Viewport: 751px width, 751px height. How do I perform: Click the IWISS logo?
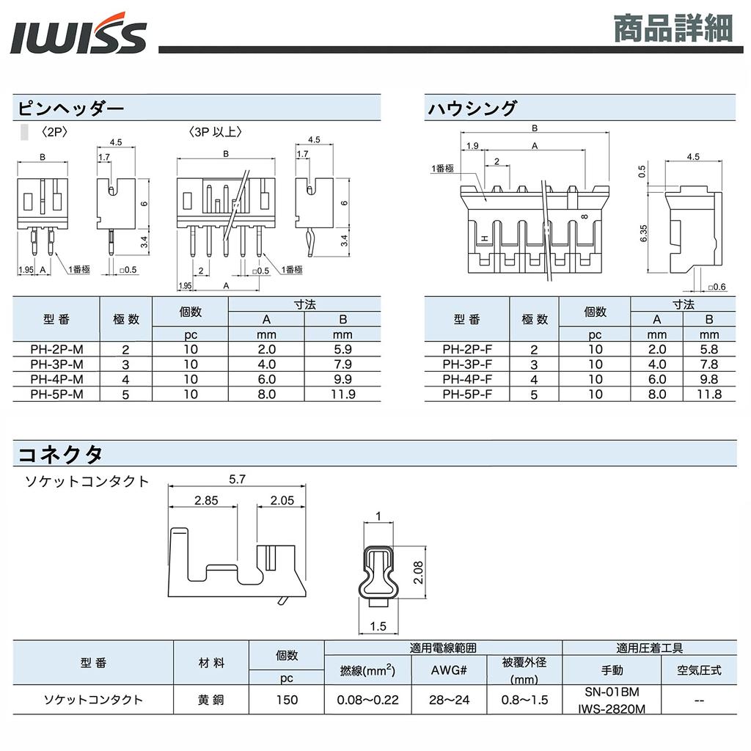click(x=78, y=36)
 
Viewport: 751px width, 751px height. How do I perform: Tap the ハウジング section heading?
click(x=472, y=109)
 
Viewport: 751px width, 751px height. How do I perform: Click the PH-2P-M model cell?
click(x=56, y=350)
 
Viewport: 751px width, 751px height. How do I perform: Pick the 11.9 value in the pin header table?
click(x=342, y=395)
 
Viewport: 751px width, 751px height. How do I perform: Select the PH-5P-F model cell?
click(x=467, y=395)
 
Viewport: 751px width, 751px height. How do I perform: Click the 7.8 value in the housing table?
click(x=709, y=364)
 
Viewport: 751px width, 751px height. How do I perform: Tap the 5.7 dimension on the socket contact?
click(x=237, y=478)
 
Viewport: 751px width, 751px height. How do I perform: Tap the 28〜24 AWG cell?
click(x=450, y=700)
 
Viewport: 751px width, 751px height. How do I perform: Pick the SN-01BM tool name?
click(x=612, y=692)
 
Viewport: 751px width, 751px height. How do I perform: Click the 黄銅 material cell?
click(x=211, y=700)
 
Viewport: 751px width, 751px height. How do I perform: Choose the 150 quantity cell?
click(x=287, y=700)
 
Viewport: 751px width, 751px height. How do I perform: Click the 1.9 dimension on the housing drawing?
click(x=473, y=146)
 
